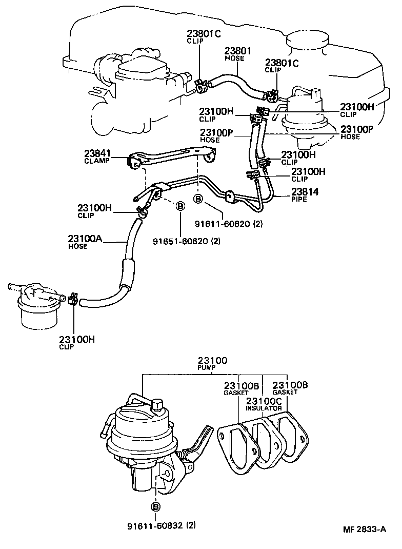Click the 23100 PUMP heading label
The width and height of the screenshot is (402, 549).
click(212, 364)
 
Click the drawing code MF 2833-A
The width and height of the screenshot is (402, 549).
click(365, 529)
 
